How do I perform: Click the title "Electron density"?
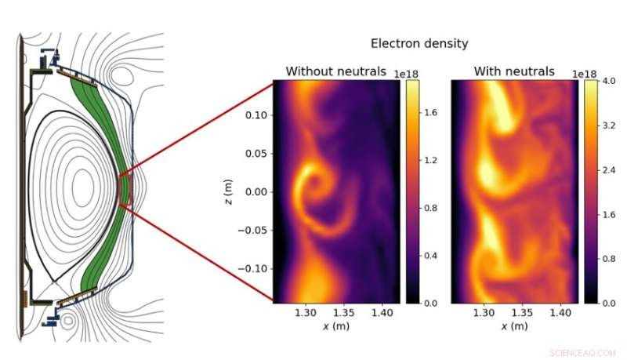pos(419,43)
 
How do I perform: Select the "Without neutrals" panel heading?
pos(335,71)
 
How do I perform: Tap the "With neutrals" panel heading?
pos(514,71)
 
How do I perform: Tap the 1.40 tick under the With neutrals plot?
pos(559,312)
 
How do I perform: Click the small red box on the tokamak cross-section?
pos(124,189)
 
